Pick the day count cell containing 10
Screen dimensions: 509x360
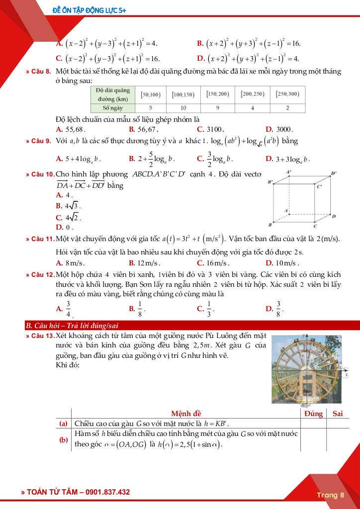click(183, 107)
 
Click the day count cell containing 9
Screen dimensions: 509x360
click(217, 107)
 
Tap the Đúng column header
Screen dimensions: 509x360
click(313, 414)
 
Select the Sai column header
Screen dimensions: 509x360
click(338, 414)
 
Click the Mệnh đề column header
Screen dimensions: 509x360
click(186, 414)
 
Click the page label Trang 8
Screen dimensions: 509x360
click(330, 495)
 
